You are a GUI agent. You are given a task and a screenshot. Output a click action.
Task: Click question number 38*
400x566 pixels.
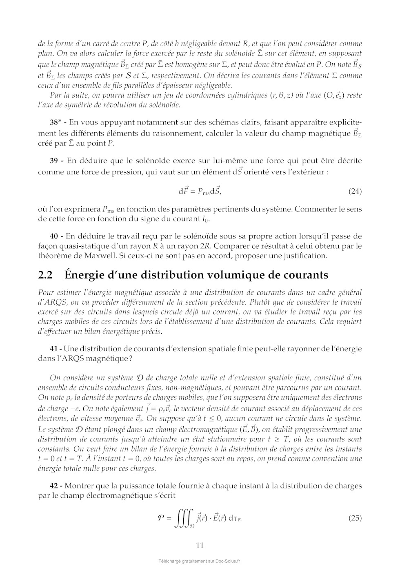[x=56, y=122]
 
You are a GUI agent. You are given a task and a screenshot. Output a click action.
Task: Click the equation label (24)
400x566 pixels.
[x=355, y=191]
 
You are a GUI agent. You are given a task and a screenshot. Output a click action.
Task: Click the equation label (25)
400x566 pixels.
[x=355, y=518]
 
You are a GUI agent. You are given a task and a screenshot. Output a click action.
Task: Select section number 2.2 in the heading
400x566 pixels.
[x=45, y=275]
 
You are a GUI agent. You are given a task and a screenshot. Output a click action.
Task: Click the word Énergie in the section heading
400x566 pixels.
[x=85, y=275]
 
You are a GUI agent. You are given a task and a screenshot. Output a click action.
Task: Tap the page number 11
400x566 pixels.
[x=200, y=545]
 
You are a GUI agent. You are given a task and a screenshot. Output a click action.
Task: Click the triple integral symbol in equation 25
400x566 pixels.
[x=183, y=518]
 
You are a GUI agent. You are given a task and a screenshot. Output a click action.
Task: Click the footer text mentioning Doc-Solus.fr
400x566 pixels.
[x=200, y=561]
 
